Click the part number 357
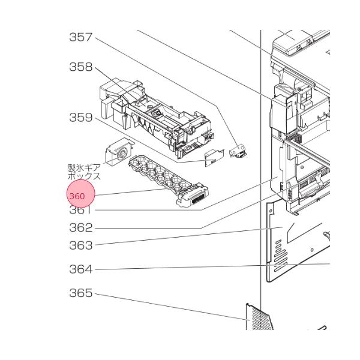80,37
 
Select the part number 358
80,67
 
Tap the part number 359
80,118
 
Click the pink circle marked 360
80,196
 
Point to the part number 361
80,211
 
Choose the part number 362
80,227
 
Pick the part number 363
80,245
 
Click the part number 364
80,269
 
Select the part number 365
80,293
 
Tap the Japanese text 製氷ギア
84,169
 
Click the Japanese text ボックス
84,177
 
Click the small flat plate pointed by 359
211,157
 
